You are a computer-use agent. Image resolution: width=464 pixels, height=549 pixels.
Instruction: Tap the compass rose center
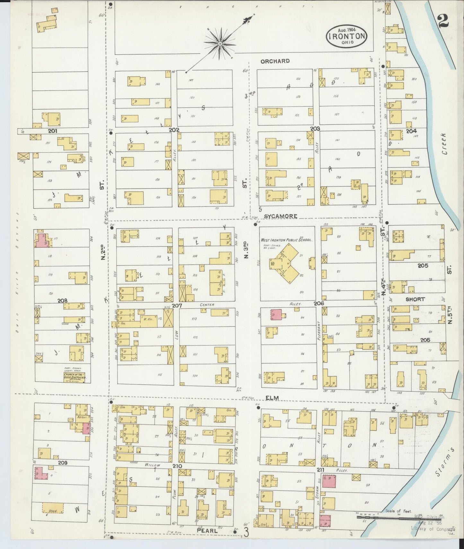click(220, 44)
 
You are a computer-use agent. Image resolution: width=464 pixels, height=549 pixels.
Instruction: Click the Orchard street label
click(275, 61)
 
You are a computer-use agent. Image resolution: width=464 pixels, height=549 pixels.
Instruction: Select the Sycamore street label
click(281, 216)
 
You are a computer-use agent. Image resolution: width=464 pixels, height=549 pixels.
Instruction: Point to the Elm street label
click(271, 398)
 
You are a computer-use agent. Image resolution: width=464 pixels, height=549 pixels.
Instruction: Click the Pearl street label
click(207, 531)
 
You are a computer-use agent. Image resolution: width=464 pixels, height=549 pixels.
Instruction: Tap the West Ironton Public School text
click(287, 240)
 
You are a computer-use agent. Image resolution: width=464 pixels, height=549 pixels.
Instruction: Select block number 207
click(177, 306)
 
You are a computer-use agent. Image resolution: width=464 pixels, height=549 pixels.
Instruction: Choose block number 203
click(315, 129)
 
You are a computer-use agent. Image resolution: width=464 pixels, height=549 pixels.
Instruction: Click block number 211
click(320, 470)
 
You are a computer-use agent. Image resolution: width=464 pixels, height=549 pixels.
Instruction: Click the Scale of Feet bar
click(398, 517)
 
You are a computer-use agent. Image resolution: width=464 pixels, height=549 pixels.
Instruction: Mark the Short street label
click(415, 299)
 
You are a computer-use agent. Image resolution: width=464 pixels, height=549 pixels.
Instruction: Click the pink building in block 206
click(276, 315)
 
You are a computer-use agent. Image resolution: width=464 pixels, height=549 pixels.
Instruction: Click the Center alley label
click(207, 305)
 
